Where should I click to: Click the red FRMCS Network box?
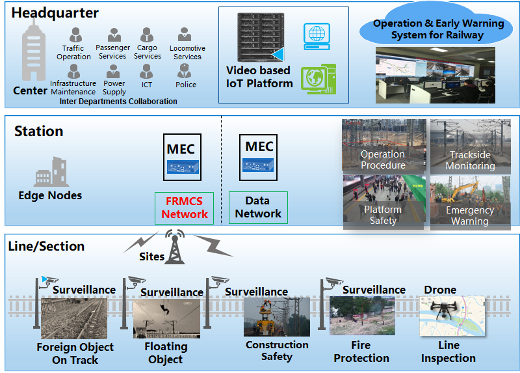click(184, 208)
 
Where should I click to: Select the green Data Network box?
click(258, 208)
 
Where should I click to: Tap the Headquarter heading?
click(55, 13)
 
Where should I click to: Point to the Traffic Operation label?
click(73, 52)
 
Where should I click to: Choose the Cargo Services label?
click(148, 52)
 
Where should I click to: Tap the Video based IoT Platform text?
click(259, 77)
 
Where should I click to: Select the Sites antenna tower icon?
click(174, 247)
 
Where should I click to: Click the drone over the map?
click(443, 312)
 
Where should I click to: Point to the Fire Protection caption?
click(361, 352)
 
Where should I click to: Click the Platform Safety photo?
click(383, 202)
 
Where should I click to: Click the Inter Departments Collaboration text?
click(118, 102)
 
